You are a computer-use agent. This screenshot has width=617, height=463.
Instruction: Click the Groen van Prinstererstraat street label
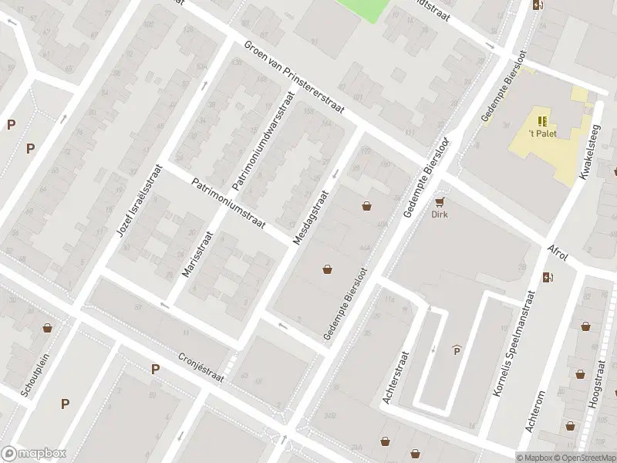296,83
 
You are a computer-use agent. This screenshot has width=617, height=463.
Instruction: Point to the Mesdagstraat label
311,218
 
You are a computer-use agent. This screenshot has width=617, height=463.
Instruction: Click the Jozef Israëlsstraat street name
140,200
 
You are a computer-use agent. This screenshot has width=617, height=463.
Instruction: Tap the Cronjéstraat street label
200,360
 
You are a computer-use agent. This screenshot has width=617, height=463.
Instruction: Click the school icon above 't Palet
542,120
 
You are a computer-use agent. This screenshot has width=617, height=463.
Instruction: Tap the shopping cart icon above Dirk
440,202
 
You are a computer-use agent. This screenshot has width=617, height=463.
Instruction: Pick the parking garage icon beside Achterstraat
457,350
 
